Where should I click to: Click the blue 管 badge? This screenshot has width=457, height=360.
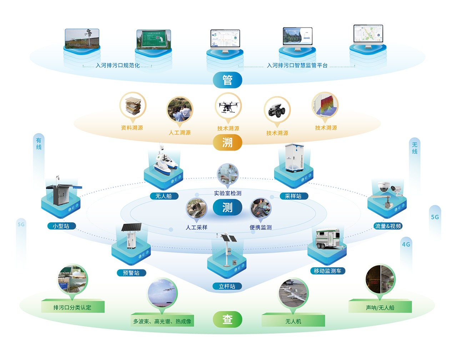(227, 80)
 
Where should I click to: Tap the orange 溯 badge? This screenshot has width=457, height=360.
(227, 143)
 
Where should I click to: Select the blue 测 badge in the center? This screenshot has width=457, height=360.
(227, 207)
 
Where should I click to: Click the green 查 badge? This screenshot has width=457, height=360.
(227, 319)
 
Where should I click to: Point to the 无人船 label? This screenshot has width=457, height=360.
(164, 196)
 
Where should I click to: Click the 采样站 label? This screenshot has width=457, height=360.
(293, 196)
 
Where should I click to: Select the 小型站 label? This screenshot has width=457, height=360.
(61, 226)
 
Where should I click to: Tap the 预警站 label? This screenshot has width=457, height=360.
(131, 273)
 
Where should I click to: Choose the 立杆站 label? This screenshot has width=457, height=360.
(227, 286)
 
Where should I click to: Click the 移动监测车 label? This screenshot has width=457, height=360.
(327, 271)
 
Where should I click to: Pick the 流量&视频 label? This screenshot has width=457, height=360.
(388, 226)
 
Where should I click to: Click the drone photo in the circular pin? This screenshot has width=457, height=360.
(228, 107)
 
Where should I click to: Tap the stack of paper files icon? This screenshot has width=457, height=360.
(133, 105)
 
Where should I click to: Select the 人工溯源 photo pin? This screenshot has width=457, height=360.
(180, 110)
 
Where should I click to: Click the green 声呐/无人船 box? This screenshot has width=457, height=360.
(380, 307)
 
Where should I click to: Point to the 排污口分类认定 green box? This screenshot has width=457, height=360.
(72, 307)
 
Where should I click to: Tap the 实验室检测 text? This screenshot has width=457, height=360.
(227, 193)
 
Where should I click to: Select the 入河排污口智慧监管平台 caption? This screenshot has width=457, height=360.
(297, 65)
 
